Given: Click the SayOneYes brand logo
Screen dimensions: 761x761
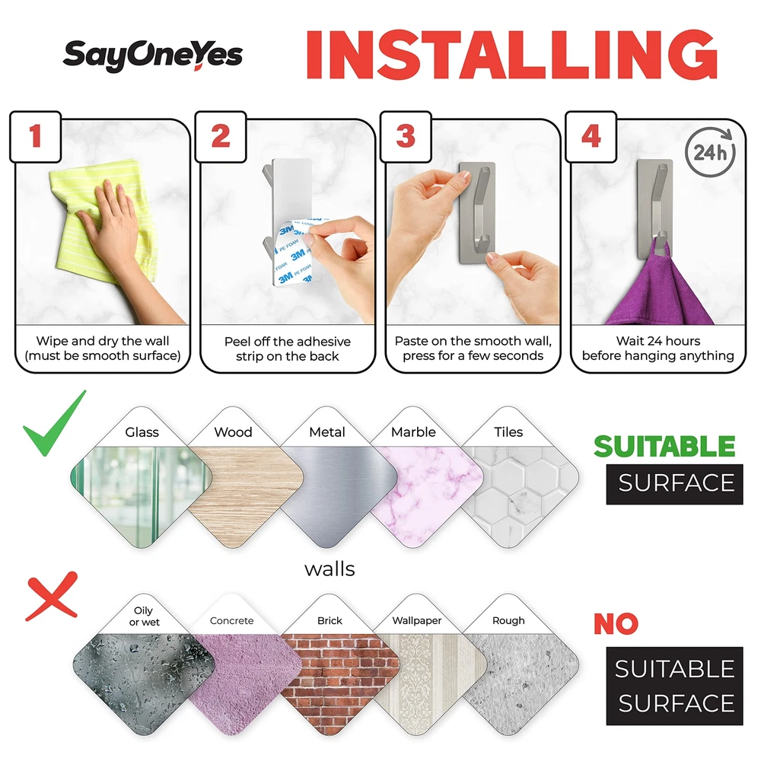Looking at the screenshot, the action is click(152, 56).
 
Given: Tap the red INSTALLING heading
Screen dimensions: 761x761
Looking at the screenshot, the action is click(511, 54).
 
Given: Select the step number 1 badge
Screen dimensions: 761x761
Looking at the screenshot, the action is click(36, 136).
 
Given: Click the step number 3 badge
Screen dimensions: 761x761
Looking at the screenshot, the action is click(406, 136).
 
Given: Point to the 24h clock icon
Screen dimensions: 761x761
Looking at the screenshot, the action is click(711, 152).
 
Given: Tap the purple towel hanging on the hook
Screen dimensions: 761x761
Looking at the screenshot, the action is click(660, 286).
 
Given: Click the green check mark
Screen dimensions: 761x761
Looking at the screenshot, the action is click(54, 423).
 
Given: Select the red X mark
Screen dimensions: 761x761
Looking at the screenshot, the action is click(52, 597).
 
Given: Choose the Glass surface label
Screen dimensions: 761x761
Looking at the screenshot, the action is click(142, 432).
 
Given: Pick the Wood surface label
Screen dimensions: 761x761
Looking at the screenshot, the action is click(233, 432).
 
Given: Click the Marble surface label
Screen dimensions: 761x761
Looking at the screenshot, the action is click(413, 432).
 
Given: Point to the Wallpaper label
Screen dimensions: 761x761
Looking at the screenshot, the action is click(417, 621).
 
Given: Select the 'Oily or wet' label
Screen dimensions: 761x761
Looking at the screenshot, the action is click(144, 616).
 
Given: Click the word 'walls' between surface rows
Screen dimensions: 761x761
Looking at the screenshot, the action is click(330, 568).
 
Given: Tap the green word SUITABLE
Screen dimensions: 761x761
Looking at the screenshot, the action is click(664, 446).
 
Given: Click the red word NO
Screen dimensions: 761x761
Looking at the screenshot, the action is click(616, 624).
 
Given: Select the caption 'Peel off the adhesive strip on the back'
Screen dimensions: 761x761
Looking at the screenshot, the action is click(288, 349).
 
